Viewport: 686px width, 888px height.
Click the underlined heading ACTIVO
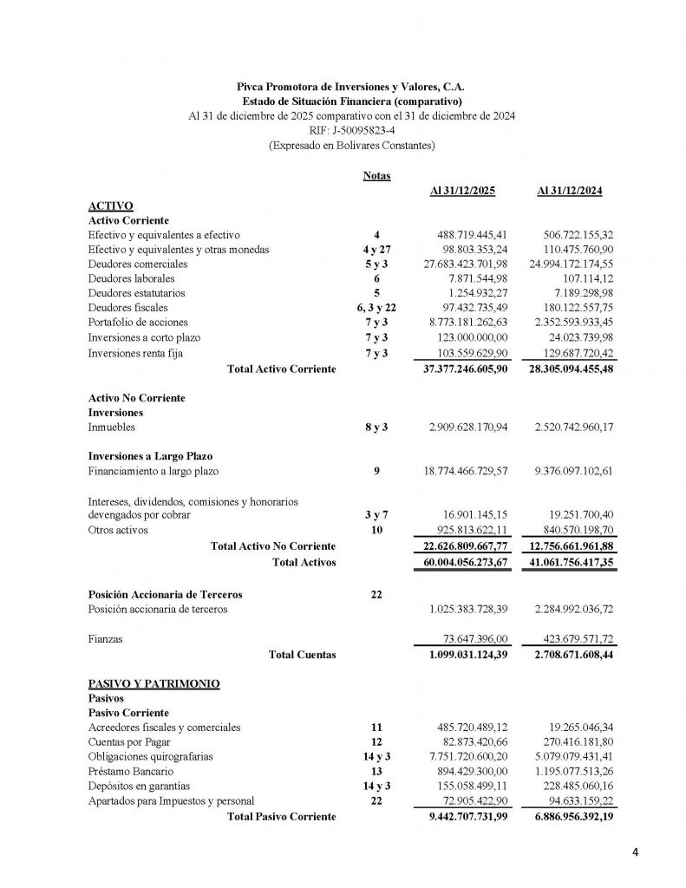[x=110, y=206]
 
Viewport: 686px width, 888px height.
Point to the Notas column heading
[x=376, y=175]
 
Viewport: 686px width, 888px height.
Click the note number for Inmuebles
[x=376, y=428]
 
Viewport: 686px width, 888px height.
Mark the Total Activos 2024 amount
[x=565, y=562]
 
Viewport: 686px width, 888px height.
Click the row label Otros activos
[x=118, y=528]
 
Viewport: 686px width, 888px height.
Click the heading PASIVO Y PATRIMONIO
[x=154, y=683]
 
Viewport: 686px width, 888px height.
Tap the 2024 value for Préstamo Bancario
[x=571, y=771]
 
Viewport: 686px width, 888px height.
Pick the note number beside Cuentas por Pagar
[x=376, y=742]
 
